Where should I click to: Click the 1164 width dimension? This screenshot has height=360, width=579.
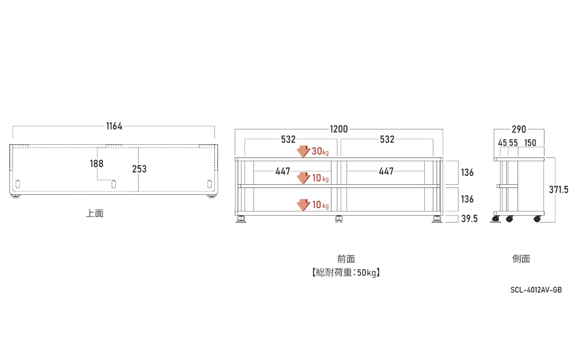(114, 126)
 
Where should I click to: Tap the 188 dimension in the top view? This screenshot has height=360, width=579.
(97, 164)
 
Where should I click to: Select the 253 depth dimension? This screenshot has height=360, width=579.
(139, 169)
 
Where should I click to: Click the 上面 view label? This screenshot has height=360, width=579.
(95, 213)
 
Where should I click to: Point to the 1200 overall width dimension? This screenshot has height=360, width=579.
(338, 129)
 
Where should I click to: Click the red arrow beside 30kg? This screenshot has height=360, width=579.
(303, 151)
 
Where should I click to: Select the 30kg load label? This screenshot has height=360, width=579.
(320, 151)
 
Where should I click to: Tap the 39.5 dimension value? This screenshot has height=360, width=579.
(469, 219)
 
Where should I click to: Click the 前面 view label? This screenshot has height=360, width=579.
(346, 259)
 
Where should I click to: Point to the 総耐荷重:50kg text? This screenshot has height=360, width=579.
(346, 273)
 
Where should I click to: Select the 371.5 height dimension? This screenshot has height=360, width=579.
(558, 190)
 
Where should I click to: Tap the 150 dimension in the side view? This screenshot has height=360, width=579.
(530, 143)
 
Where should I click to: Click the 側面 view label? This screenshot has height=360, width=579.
(521, 259)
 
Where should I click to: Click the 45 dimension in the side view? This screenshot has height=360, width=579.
(503, 143)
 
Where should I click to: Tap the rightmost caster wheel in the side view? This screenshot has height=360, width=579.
(537, 219)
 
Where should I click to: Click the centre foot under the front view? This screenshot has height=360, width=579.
(338, 219)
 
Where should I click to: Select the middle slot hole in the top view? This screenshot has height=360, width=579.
(114, 184)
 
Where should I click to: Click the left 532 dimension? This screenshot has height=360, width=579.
(288, 140)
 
